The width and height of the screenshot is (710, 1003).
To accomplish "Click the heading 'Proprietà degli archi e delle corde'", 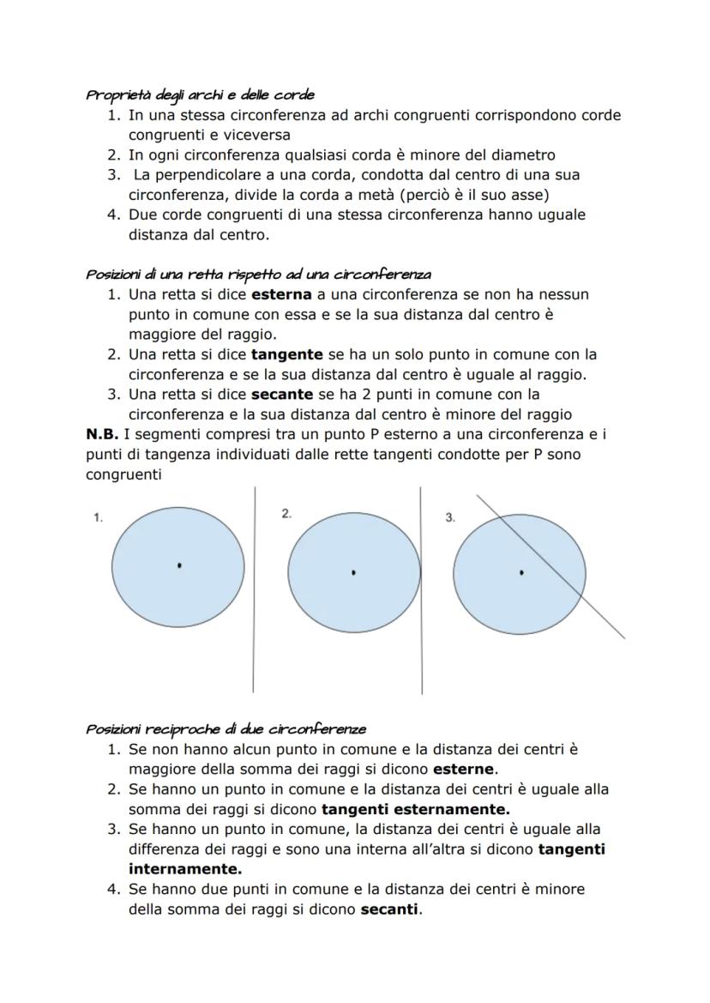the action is click(x=200, y=95).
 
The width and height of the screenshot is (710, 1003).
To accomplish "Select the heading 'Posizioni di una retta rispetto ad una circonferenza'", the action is click(x=258, y=275).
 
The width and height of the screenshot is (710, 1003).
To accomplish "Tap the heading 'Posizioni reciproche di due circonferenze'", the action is click(x=226, y=729).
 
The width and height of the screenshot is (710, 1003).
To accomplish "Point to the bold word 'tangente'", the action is click(x=286, y=354).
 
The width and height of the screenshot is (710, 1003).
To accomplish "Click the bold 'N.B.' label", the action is click(x=102, y=434).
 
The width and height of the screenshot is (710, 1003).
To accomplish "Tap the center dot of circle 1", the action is click(x=179, y=565).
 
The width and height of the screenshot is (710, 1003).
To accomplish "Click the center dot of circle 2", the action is click(x=354, y=571).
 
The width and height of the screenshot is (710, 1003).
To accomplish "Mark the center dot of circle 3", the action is click(x=521, y=571).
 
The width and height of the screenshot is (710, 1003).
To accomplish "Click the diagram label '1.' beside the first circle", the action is click(x=98, y=517).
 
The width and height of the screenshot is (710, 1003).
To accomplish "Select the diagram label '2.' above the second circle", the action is click(x=286, y=513).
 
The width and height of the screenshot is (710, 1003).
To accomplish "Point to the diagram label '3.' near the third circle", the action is click(x=450, y=517).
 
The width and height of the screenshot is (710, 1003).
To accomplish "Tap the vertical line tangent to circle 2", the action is click(x=421, y=652).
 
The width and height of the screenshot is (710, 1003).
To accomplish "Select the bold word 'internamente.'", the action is click(x=173, y=868).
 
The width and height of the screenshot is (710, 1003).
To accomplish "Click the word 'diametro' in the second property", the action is click(x=523, y=155).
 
